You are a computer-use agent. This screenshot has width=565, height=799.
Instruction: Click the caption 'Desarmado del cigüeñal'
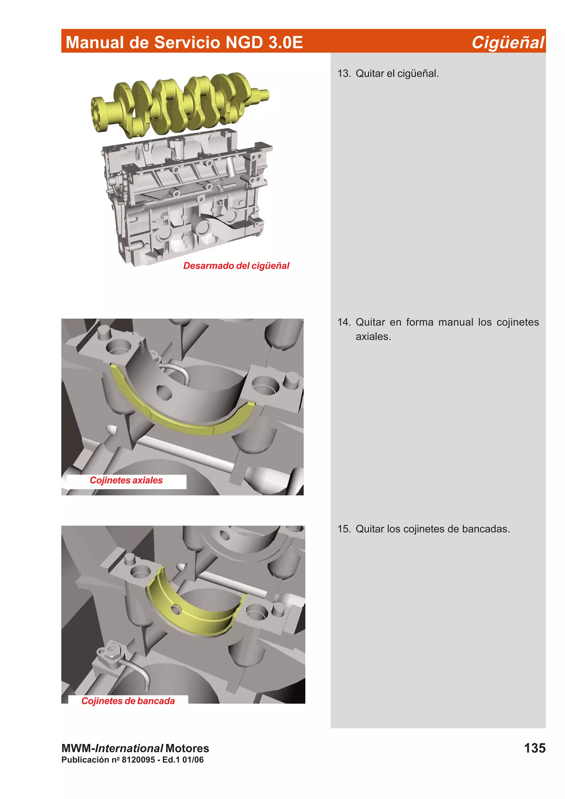tap(236, 266)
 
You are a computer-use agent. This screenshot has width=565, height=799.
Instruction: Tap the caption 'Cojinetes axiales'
tap(126, 480)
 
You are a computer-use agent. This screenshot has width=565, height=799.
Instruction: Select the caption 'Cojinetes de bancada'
tap(128, 701)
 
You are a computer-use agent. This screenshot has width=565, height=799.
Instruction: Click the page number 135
tap(534, 748)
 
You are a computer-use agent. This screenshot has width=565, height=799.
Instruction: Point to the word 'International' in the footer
tap(129, 748)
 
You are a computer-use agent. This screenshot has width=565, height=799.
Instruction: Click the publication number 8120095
tap(138, 760)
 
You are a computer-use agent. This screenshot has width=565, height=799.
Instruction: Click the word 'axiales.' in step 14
tap(373, 337)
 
